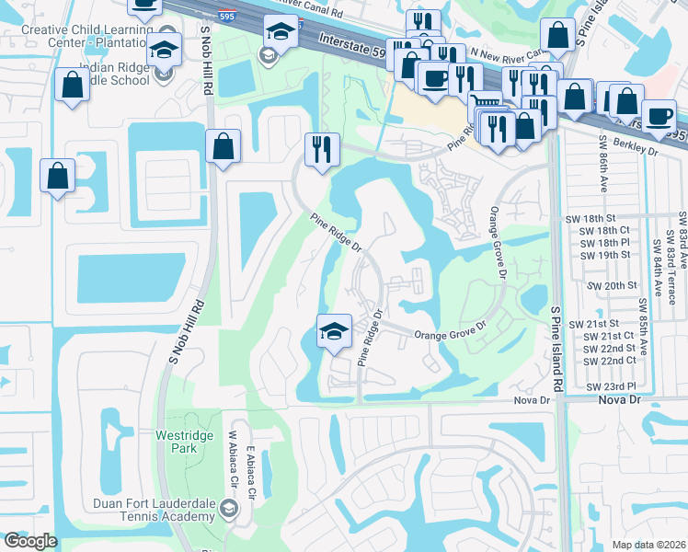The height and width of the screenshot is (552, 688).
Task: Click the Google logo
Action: [30, 541]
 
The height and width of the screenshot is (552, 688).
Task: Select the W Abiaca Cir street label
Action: [233, 459]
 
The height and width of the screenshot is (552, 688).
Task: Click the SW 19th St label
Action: [604, 255]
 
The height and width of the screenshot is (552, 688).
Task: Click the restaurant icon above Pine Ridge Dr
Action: [322, 148]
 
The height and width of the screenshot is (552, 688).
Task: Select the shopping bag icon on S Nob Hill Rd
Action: [224, 144]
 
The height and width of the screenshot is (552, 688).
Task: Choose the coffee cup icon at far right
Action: [659, 115]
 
